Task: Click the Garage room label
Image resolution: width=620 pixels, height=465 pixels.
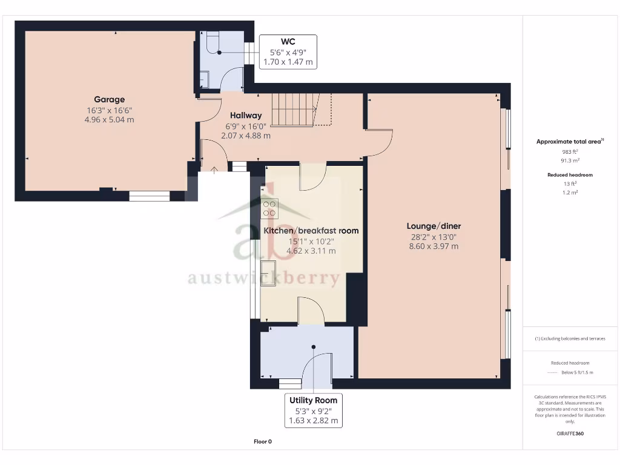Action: coord(109,99)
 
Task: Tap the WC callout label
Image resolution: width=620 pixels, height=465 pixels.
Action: coord(288,42)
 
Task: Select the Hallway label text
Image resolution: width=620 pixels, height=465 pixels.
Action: coord(245,115)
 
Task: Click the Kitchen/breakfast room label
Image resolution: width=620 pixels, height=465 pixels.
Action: coord(311,231)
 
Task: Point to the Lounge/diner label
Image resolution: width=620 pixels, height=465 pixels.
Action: coord(434,226)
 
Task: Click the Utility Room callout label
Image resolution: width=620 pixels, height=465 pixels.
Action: coord(313,400)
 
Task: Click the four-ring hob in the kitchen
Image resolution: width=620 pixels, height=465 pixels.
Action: coord(269,208)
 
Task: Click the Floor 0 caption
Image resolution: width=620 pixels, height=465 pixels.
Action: coord(263,441)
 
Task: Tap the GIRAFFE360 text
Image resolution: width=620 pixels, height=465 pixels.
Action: coord(569,434)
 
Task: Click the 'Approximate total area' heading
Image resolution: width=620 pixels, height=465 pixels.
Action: coord(569,142)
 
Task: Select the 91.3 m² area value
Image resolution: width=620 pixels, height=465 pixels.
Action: coord(569,161)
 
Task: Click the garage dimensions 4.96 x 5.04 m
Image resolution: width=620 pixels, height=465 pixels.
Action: coord(109,120)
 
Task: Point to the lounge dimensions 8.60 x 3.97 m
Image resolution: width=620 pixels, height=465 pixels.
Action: coord(434,246)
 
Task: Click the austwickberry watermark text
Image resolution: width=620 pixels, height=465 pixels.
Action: coord(263,278)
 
